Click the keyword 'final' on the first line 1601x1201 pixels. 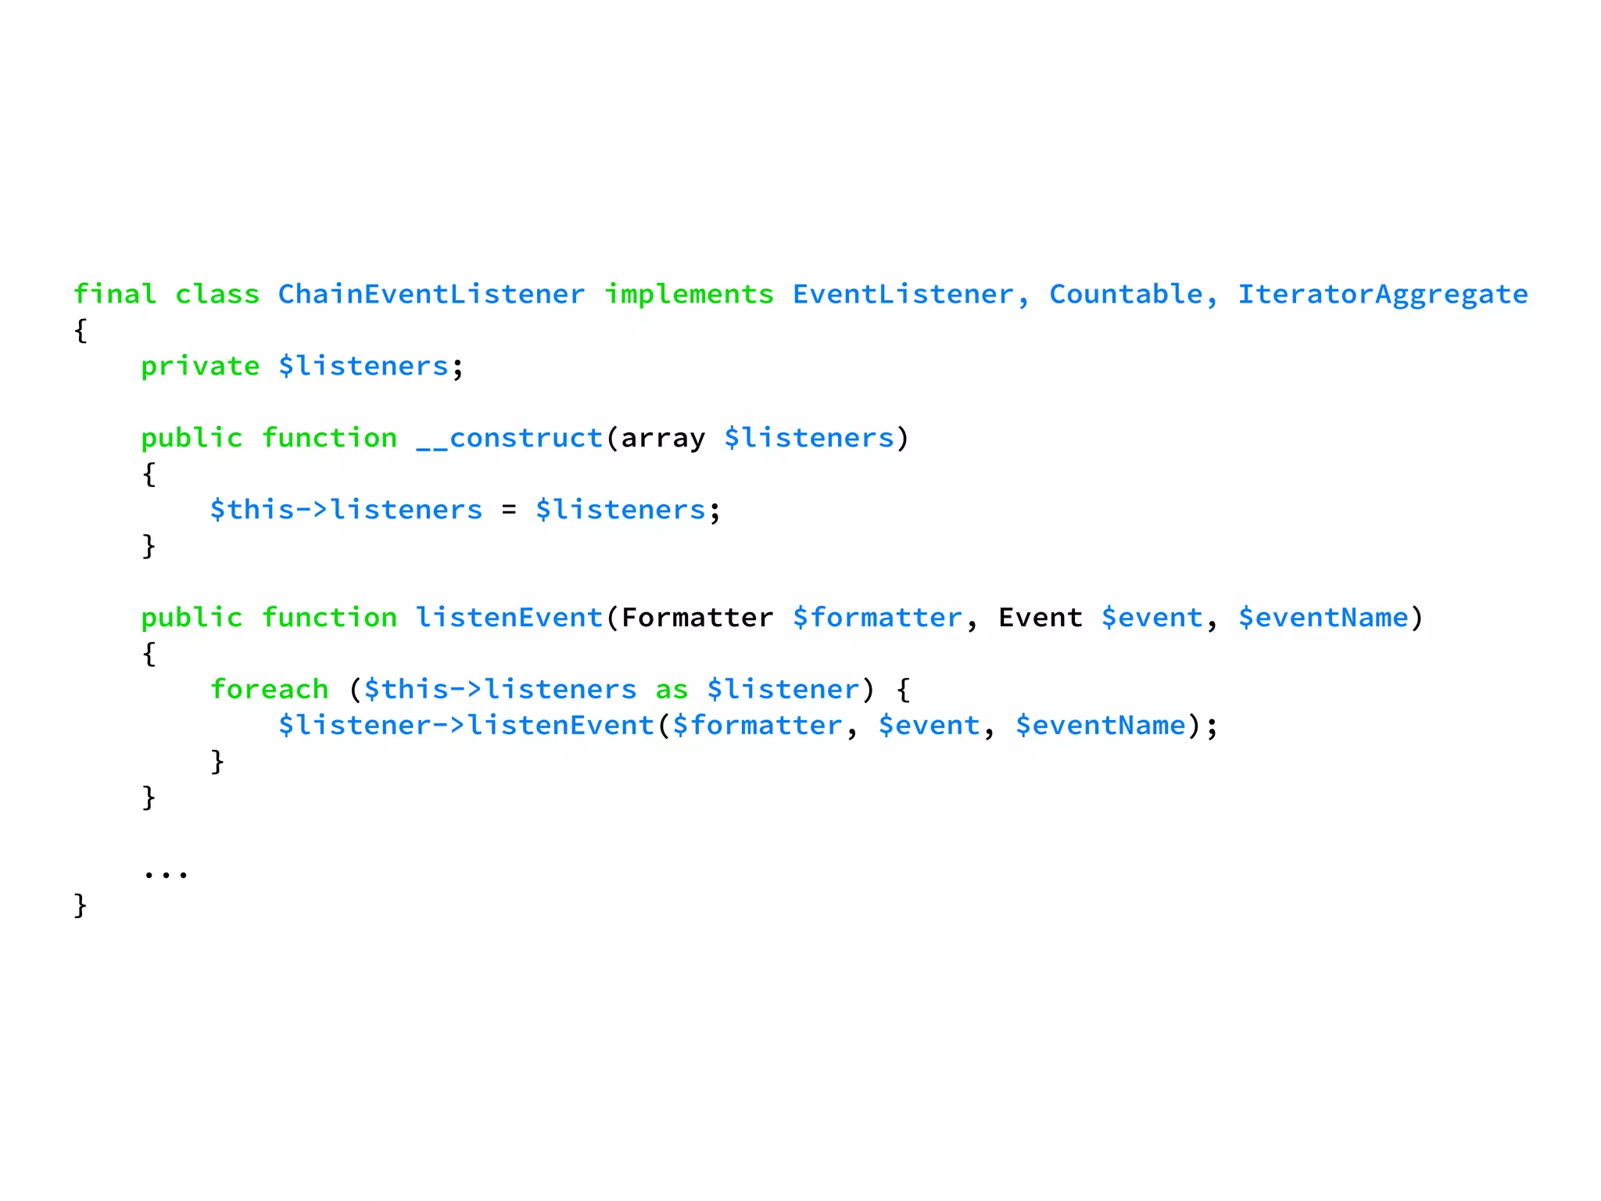(115, 294)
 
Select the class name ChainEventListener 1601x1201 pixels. (431, 294)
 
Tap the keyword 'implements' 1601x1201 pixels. (689, 294)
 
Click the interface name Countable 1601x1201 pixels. (1126, 294)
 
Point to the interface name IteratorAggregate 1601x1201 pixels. (1382, 294)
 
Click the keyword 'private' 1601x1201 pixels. (200, 366)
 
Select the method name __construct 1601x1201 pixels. (509, 438)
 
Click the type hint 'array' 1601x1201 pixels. (663, 438)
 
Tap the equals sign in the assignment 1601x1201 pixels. (509, 510)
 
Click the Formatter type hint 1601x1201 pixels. (697, 618)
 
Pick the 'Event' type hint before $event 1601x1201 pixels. (1040, 618)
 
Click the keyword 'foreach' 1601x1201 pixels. (269, 690)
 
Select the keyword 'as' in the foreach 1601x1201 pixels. (672, 690)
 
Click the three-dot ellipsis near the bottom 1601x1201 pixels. (166, 873)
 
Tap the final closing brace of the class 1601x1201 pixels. (81, 905)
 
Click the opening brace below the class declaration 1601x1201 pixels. (81, 330)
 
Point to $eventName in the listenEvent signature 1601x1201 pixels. (1323, 618)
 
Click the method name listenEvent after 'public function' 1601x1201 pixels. (509, 618)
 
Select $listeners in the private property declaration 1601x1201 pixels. (364, 366)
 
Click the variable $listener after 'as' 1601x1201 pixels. (783, 690)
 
